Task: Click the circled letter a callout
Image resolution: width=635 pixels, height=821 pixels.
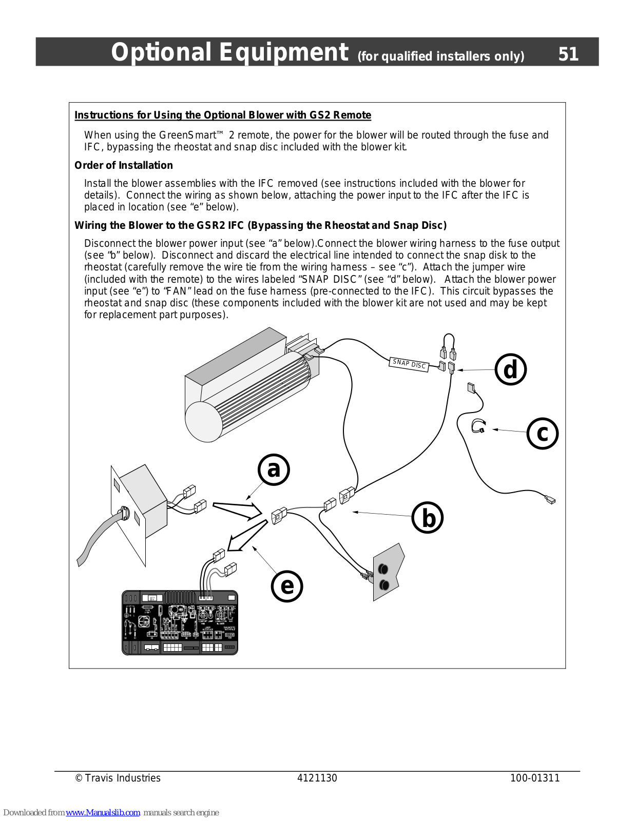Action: [274, 470]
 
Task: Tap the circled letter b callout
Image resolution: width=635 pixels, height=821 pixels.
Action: [428, 518]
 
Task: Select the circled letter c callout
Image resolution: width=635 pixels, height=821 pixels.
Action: [543, 434]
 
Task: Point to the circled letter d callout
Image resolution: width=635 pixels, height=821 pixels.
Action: [511, 369]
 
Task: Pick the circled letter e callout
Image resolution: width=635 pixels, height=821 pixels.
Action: [287, 586]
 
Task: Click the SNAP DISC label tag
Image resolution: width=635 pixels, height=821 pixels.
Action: [409, 364]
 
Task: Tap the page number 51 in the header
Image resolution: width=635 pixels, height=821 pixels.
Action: [568, 54]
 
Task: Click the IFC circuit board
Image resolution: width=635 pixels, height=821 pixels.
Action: [180, 622]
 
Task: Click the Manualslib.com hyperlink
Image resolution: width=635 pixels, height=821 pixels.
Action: [103, 812]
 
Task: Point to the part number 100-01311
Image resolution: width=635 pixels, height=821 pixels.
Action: [535, 778]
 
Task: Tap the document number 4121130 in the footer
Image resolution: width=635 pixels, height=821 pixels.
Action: [317, 778]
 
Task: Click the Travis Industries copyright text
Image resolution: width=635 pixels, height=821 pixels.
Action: [118, 778]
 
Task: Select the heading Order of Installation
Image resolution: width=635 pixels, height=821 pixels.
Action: [124, 165]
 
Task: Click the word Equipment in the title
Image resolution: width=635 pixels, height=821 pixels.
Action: [284, 52]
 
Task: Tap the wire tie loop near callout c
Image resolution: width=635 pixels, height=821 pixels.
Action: [478, 426]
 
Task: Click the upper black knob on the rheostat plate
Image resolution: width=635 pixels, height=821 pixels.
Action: [383, 569]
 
